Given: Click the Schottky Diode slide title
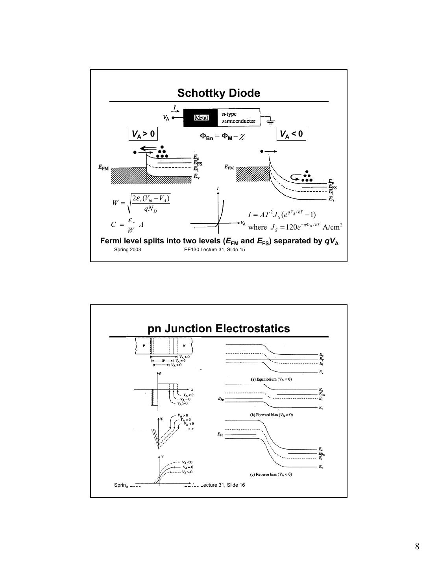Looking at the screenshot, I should point(218,93).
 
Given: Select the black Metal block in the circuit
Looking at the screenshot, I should point(200,118).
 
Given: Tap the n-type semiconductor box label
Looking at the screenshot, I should point(238,118).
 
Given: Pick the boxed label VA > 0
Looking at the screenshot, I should point(143,134).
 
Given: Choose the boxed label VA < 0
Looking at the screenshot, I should point(291,134).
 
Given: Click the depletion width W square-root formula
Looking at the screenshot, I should point(142,203).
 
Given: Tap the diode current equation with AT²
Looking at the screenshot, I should point(282,215).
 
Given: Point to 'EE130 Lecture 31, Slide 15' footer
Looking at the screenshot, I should point(214,250).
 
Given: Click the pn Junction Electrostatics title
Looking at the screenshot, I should point(218,329).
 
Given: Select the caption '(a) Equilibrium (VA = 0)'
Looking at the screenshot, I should point(271,380).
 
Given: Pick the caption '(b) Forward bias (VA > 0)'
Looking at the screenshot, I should point(272,415).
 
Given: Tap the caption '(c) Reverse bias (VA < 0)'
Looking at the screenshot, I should point(271,474).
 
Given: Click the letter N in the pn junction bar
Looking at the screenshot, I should point(184,346).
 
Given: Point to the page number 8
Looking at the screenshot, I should point(417,547).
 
